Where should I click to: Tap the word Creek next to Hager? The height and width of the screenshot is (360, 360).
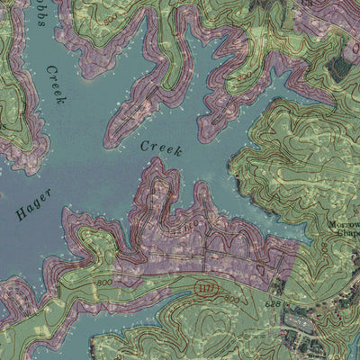[160, 148]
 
